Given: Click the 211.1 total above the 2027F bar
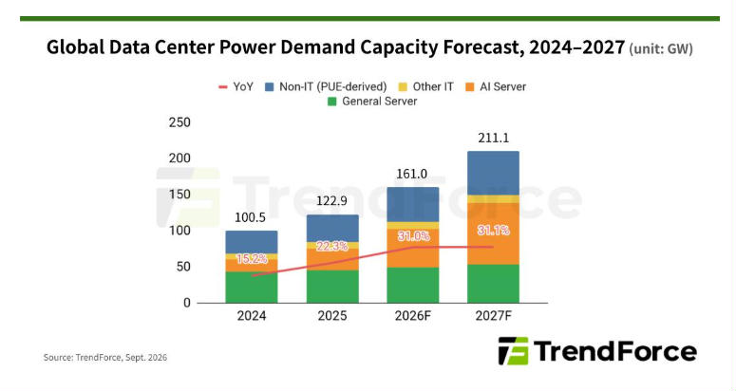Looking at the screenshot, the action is click(x=493, y=138).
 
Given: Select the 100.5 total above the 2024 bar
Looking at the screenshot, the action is click(x=250, y=217).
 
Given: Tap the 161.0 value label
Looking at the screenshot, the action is click(x=411, y=174).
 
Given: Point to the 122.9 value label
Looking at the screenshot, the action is click(x=331, y=200).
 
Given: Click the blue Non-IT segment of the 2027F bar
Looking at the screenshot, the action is click(x=493, y=173).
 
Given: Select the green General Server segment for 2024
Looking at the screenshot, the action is click(x=252, y=287).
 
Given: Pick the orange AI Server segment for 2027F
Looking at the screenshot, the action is click(x=493, y=234).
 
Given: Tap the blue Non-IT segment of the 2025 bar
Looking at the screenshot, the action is click(x=332, y=229).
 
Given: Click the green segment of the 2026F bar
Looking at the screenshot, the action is click(x=413, y=285).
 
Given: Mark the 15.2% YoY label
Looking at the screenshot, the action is click(x=252, y=259).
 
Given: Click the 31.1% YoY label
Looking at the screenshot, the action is click(x=493, y=231).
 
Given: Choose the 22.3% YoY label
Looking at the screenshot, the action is click(x=331, y=246).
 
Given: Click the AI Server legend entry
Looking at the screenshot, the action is click(x=496, y=86).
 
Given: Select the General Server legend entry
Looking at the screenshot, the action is click(x=372, y=102).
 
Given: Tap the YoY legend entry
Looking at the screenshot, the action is click(x=236, y=86).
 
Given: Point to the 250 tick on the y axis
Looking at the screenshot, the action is click(x=179, y=122).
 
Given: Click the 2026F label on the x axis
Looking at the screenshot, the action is click(x=412, y=316).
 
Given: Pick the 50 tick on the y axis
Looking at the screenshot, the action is click(x=183, y=267).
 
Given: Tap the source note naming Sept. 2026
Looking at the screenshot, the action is click(x=105, y=357).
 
